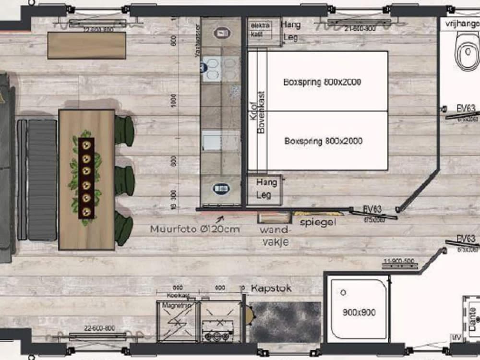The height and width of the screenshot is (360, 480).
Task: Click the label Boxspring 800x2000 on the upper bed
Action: pos(322,82)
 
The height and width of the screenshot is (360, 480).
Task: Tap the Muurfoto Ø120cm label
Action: pos(194,229)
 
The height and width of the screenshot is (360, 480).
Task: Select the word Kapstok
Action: pos(271,289)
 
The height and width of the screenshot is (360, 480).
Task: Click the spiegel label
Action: pos(318,222)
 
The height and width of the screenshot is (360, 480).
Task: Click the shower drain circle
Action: pos(344,292)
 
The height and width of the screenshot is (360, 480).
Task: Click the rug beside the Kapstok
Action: pos(285,322)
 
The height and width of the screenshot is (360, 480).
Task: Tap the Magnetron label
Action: pos(174,305)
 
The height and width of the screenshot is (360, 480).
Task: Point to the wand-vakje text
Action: pos(274,236)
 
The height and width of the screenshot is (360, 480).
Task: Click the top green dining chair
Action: pos(124,131)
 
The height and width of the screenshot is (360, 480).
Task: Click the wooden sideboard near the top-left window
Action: pos(87,45)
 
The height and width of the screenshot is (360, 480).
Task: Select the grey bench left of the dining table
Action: pos(42,180)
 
